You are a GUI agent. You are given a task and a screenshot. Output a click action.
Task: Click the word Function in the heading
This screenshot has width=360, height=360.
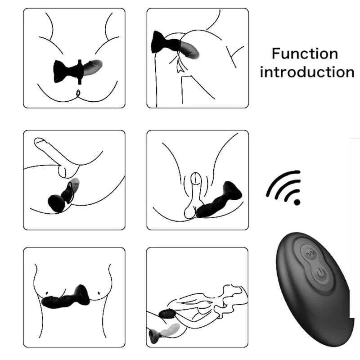(x=305, y=54)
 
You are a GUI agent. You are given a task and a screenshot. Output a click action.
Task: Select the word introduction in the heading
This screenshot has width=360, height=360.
(x=307, y=72)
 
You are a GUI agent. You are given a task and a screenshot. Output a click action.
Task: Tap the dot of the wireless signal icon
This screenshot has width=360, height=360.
(x=297, y=202)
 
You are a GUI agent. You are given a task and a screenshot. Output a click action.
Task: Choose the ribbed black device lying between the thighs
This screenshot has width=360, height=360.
(x=220, y=202)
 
